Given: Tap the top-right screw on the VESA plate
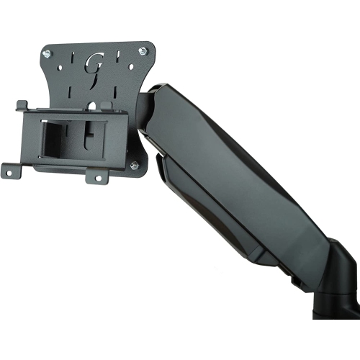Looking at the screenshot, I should (x=142, y=50).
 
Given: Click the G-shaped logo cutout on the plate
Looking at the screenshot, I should (x=94, y=65).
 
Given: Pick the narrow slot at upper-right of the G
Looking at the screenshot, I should (x=114, y=50).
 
